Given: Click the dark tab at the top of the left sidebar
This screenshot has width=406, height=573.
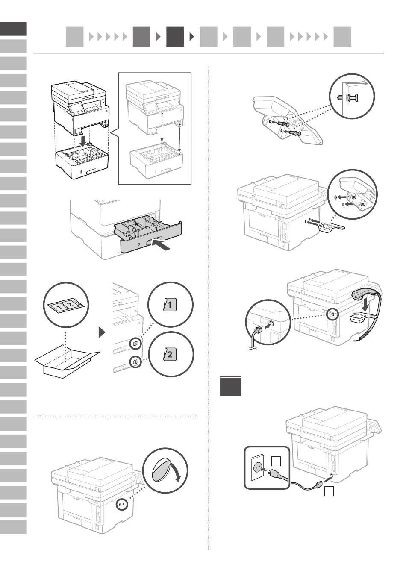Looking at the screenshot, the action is (13, 29).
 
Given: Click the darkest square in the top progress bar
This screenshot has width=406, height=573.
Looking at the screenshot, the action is (175, 37).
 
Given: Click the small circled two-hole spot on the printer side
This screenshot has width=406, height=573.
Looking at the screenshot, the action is (122, 505).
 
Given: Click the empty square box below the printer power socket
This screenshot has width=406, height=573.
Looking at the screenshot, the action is (329, 492).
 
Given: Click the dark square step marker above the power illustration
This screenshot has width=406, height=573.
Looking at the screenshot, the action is (231, 385).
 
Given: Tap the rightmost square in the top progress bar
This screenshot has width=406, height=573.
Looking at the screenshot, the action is (342, 37).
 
